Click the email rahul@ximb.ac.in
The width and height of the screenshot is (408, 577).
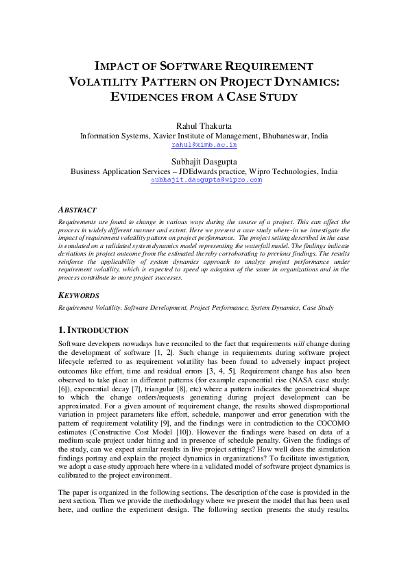point(204,145)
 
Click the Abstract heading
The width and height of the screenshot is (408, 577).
point(77,210)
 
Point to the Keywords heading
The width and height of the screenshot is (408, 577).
point(78,295)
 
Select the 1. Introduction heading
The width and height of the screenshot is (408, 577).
point(94,330)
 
